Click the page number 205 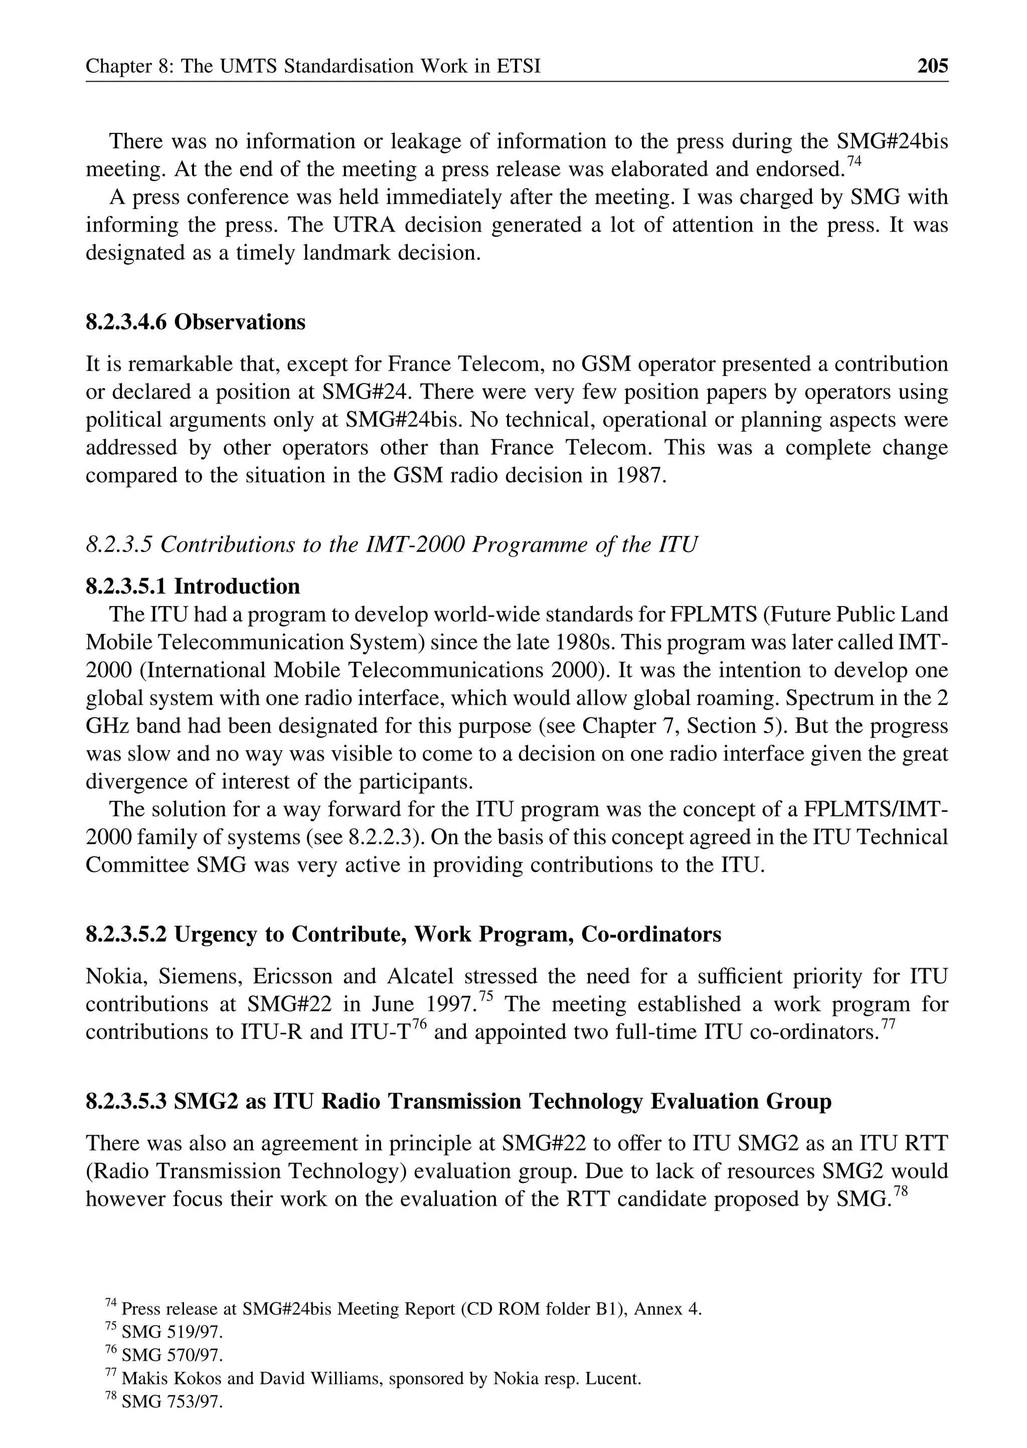[x=933, y=66]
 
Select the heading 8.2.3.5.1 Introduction [x=193, y=586]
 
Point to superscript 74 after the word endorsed [x=854, y=162]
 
